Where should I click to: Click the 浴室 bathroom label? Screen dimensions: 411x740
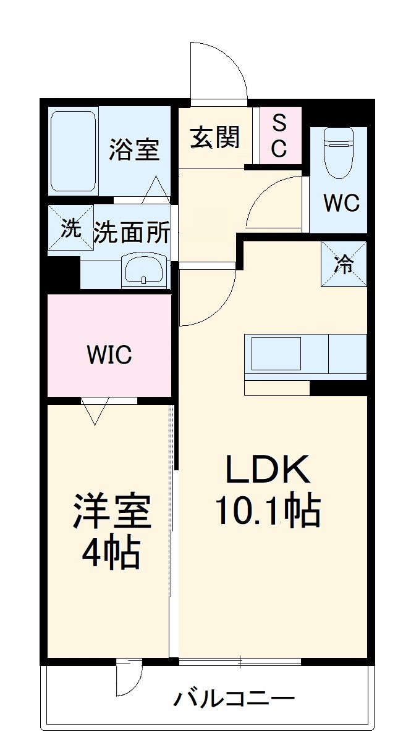tap(133, 149)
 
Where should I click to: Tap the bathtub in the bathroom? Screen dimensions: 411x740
tap(73, 151)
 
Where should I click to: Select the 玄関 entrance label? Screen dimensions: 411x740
tap(216, 138)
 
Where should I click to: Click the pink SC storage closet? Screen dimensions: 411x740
tap(281, 136)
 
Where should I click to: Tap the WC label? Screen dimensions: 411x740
tap(341, 204)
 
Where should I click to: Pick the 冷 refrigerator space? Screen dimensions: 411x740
tap(344, 264)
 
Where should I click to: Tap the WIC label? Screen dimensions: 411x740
tap(109, 355)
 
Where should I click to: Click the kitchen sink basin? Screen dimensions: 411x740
tap(276, 354)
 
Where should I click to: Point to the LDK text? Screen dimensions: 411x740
tap(268, 469)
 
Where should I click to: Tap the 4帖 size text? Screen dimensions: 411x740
tap(111, 553)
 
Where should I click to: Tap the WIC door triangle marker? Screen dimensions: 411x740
tap(95, 410)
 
